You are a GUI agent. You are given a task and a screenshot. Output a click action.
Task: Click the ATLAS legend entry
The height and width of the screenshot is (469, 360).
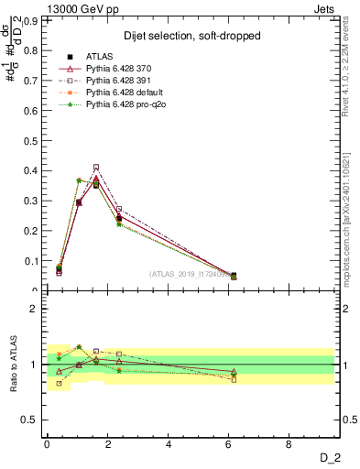point(99,57)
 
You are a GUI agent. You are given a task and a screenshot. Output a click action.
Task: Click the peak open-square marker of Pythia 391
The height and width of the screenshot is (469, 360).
point(96,167)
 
